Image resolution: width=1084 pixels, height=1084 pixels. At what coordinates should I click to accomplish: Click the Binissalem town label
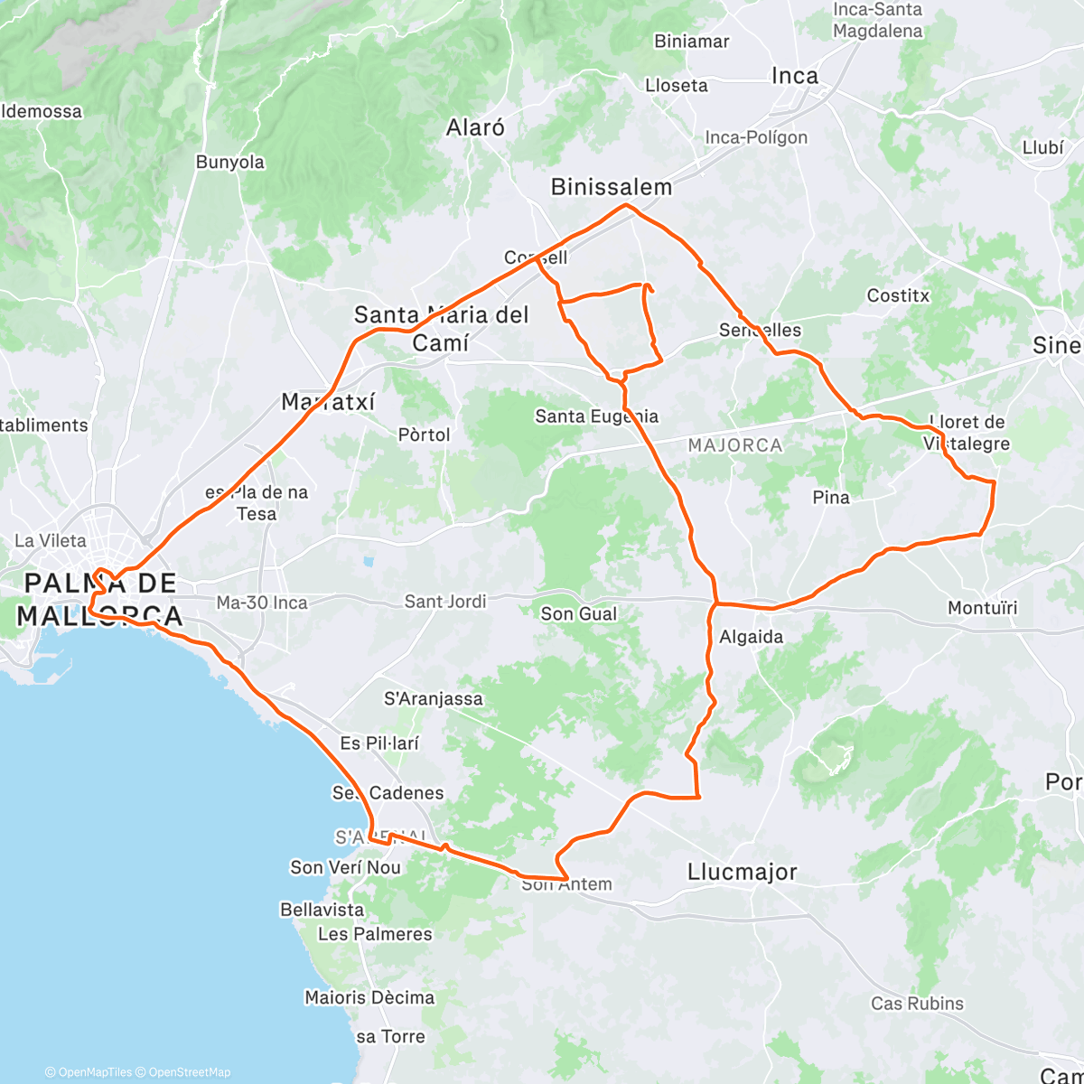pos(612,187)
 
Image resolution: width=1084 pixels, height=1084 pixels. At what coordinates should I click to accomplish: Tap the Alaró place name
pos(475,127)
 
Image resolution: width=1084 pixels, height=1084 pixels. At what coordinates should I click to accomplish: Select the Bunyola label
pos(230,163)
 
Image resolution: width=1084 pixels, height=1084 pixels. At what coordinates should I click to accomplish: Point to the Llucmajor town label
pos(742,872)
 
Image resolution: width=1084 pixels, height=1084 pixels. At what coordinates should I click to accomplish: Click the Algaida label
pos(752,637)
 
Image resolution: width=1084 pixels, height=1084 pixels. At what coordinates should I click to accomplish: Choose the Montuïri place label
pos(983,608)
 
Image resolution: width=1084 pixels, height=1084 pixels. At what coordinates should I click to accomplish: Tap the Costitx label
pos(898,295)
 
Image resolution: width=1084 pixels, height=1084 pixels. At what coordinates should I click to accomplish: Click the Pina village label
pos(831,497)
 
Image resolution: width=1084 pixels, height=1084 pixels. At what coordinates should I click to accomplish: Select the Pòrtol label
pos(424,435)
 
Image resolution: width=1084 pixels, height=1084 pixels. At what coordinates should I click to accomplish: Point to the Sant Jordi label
pos(445,601)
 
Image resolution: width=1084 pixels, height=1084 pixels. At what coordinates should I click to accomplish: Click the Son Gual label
pos(579,614)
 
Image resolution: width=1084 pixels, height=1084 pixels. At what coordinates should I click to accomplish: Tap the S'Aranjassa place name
pos(434,698)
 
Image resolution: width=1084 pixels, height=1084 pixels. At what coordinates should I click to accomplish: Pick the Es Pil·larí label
pos(379,743)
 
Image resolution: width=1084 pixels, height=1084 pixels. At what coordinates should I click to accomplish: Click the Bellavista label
pos(322,910)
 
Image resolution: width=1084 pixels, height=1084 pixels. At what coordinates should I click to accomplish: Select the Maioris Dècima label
pos(369,997)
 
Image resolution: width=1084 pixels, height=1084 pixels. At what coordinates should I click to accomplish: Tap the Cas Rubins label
pos(917,1004)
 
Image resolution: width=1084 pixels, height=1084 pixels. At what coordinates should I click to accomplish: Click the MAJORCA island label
pos(734,445)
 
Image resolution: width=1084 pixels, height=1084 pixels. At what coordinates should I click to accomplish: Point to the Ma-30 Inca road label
pos(262,603)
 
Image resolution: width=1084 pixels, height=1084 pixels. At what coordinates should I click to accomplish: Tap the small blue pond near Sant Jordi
pos(368,562)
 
